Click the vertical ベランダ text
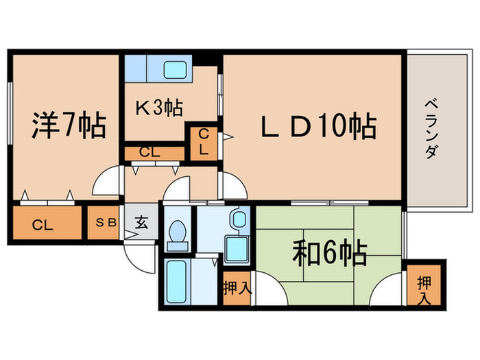coord(432,128)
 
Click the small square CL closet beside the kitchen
coord(204,142)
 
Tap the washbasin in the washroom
coord(239,219)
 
